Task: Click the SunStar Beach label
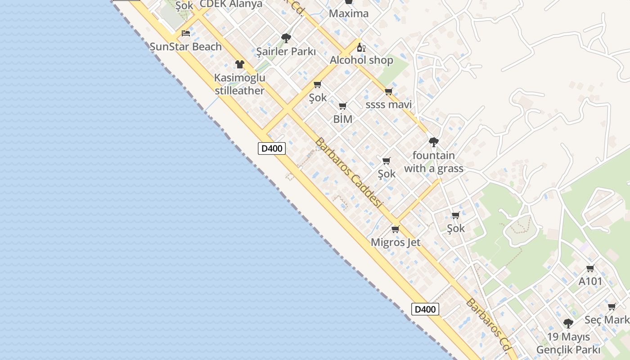(x=185, y=46)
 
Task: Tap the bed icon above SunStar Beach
(x=185, y=33)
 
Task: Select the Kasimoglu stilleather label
(x=239, y=84)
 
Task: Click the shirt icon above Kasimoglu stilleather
(x=239, y=64)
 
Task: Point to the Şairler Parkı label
(x=286, y=52)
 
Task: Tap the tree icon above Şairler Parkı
(x=286, y=38)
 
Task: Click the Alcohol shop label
(x=361, y=60)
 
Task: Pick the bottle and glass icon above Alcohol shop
(x=361, y=47)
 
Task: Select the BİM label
(x=342, y=119)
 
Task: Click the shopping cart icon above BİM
(x=342, y=106)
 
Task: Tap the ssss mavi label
(x=388, y=105)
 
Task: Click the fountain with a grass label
(x=433, y=162)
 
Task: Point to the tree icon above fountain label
(x=433, y=142)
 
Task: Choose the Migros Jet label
(x=396, y=243)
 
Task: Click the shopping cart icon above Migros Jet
(x=396, y=229)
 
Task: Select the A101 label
(x=590, y=282)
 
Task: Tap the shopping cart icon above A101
(x=590, y=269)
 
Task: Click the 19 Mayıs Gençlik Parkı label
(x=568, y=343)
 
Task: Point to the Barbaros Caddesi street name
(x=348, y=173)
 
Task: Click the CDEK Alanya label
(x=231, y=4)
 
